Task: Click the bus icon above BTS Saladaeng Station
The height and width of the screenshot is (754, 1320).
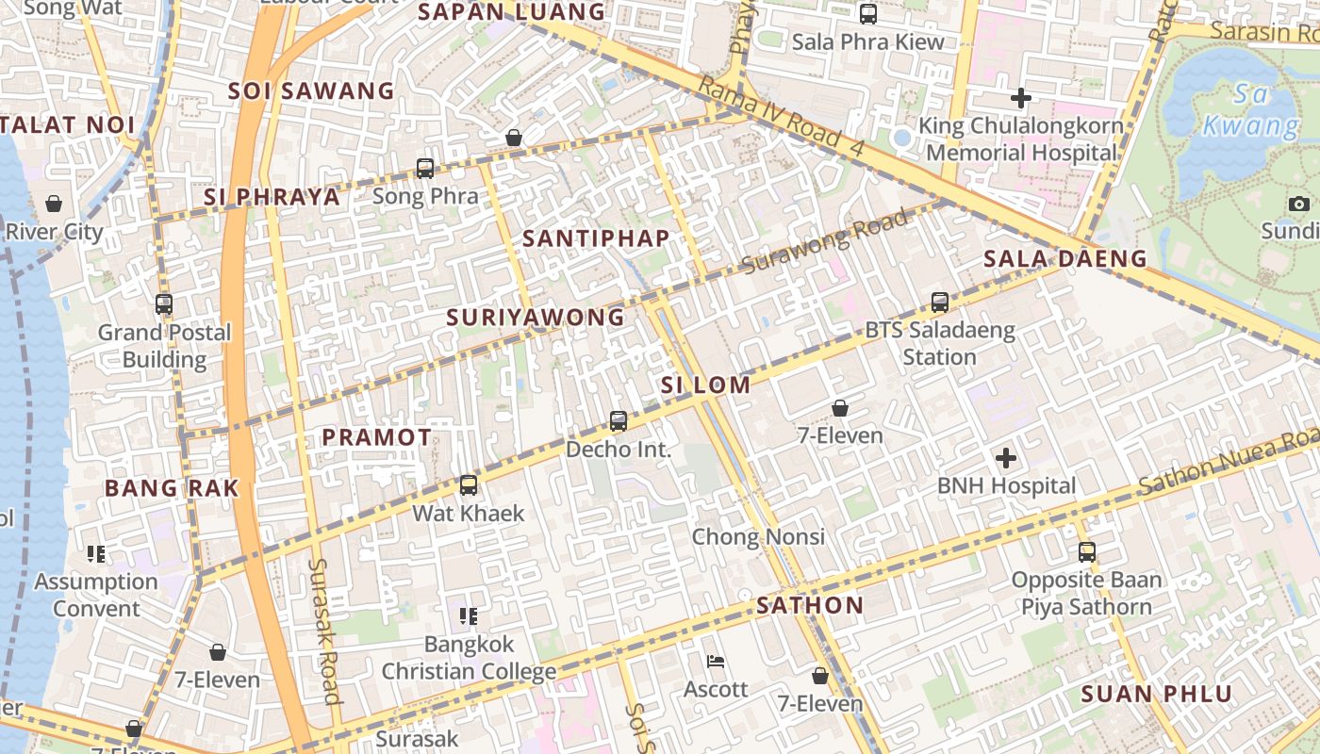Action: [939, 303]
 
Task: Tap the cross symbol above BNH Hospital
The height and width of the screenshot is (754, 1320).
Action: [1006, 458]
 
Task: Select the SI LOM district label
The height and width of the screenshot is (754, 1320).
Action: [705, 385]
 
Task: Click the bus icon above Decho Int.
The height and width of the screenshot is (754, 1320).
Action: [619, 421]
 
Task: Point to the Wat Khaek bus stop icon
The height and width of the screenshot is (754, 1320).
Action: [469, 485]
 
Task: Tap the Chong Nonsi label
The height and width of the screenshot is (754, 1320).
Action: [758, 536]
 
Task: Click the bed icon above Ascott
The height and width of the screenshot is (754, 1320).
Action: [716, 662]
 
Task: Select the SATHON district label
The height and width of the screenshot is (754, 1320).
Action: [809, 605]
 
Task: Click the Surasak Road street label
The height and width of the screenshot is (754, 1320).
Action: [324, 631]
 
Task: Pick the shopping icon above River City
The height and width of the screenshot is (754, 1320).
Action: [54, 204]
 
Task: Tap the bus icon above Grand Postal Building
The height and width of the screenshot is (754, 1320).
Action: [164, 304]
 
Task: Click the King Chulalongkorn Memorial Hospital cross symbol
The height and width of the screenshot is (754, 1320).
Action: [1020, 97]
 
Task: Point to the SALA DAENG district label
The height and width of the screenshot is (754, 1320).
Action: [1064, 258]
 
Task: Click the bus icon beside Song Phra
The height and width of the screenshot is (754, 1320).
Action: [425, 169]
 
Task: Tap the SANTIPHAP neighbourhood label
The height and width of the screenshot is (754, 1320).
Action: [596, 238]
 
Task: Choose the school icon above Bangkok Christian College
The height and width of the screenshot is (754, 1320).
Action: [469, 616]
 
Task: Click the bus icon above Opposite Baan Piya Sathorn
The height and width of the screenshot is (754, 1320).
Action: [1087, 552]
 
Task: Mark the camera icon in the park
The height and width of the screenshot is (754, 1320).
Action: [1298, 204]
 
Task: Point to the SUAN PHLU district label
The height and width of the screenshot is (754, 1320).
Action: [1156, 695]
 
